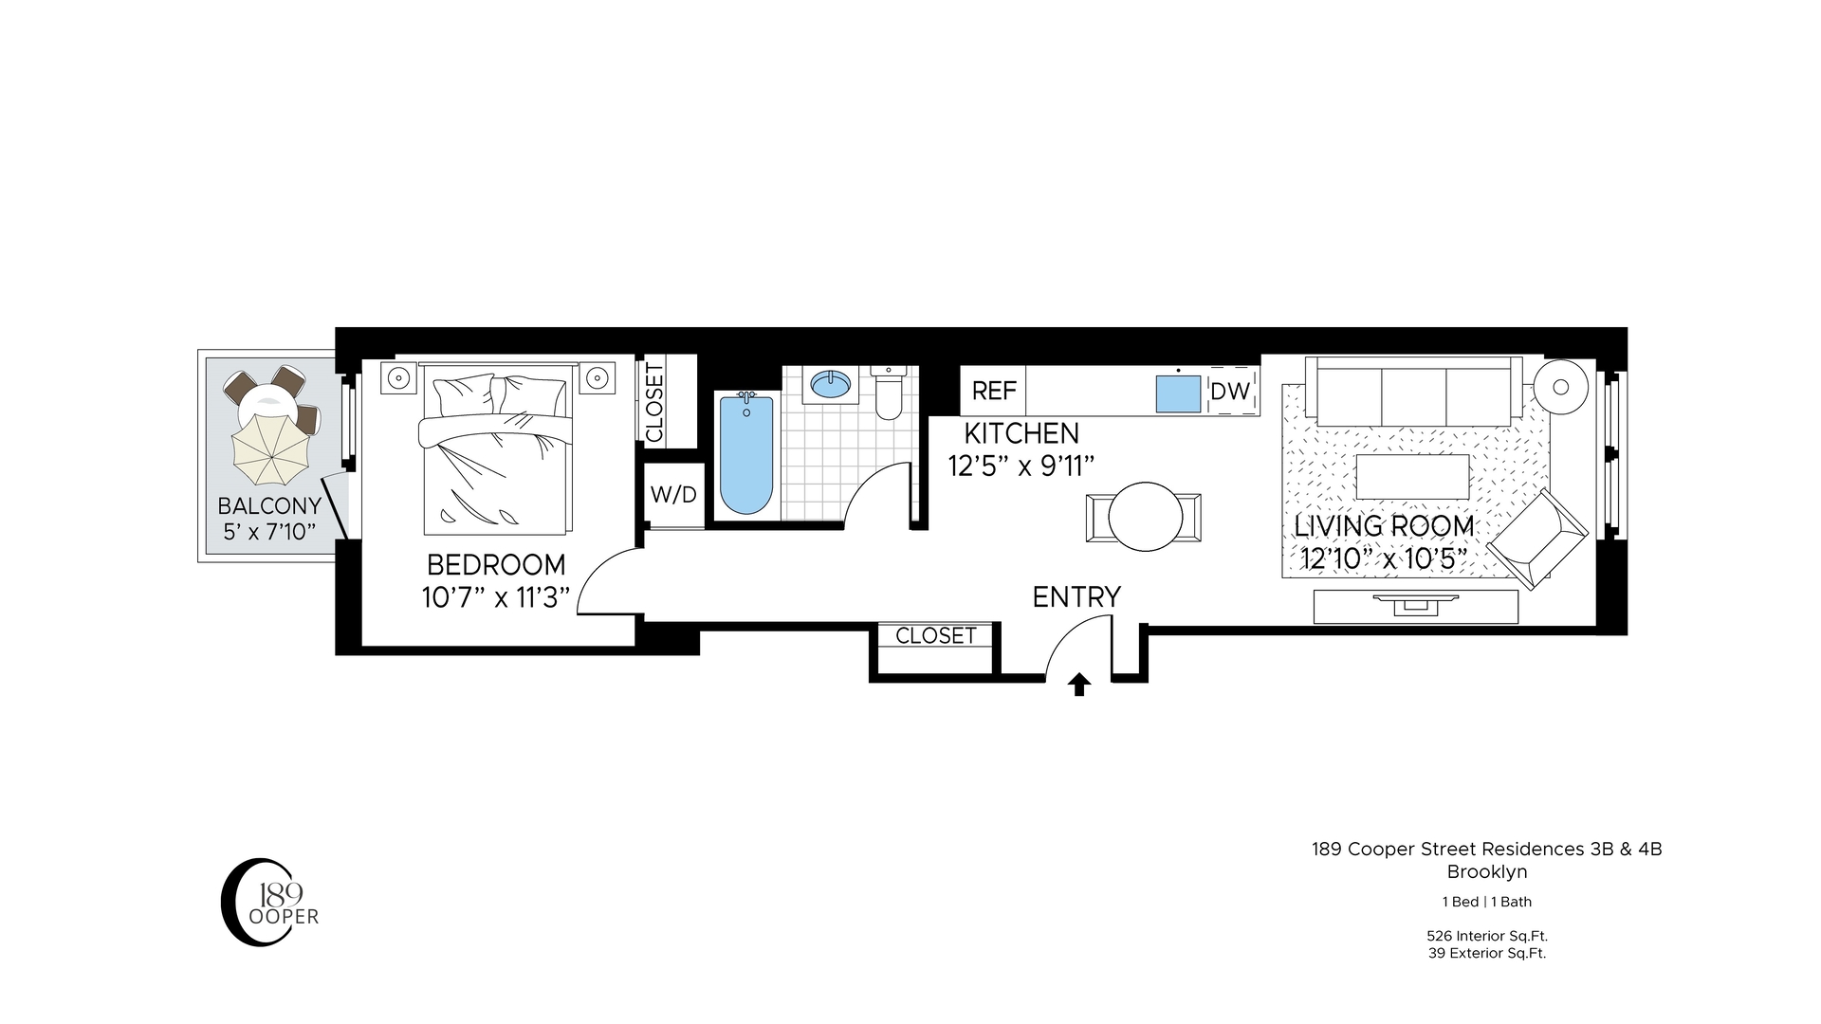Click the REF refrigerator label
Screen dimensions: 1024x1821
point(993,391)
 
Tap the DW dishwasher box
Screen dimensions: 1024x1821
point(1230,391)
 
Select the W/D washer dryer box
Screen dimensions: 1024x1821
point(673,494)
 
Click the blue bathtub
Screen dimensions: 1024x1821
point(746,455)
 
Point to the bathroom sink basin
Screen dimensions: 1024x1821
point(830,384)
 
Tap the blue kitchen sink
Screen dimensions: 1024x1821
point(1178,393)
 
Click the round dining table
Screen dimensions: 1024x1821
point(1144,518)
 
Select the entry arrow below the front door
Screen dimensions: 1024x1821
point(1078,685)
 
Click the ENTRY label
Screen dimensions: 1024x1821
point(1076,596)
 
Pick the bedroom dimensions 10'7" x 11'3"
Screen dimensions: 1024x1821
point(496,597)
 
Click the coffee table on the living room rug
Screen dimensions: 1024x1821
point(1412,477)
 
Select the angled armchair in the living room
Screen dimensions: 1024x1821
point(1536,539)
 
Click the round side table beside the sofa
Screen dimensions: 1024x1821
point(1560,386)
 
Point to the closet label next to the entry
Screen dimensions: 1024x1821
point(935,635)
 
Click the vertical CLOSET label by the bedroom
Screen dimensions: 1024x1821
point(654,402)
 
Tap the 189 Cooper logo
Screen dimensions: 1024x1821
point(268,902)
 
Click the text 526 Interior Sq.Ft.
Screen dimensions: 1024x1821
point(1487,936)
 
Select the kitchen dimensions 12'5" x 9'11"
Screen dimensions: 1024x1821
point(1021,466)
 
